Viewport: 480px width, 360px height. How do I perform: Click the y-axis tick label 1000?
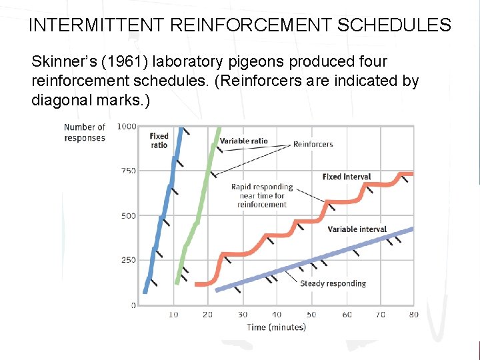126,126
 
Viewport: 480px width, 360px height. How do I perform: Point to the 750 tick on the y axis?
128,171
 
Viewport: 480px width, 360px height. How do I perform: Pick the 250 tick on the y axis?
128,260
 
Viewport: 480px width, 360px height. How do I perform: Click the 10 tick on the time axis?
174,314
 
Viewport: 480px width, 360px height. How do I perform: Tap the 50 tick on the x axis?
311,314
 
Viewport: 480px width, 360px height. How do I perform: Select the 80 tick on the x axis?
414,314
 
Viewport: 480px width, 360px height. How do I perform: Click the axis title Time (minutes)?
276,327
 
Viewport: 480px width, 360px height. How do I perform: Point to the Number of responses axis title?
85,132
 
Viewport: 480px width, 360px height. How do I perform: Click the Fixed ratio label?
159,140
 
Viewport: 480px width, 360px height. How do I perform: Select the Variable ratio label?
245,141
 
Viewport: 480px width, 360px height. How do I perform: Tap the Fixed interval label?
346,177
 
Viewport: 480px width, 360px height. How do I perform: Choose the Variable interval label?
357,229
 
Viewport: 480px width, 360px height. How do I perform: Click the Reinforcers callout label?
313,144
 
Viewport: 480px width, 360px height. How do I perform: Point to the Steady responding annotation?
333,283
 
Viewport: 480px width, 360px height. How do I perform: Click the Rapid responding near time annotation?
262,195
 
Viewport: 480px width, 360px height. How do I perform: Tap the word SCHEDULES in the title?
395,25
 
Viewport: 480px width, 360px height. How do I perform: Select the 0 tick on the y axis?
133,305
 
